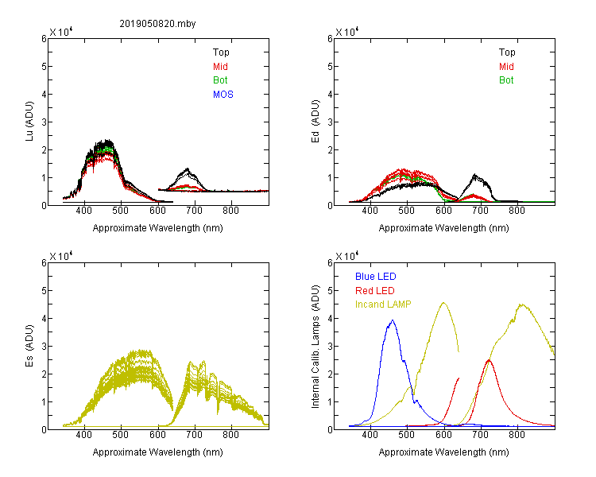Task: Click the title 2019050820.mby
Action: [x=157, y=24]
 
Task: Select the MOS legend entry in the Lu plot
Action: [x=223, y=95]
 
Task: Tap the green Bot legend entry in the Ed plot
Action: [x=506, y=80]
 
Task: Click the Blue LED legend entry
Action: [x=376, y=277]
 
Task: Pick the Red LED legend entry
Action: [x=375, y=291]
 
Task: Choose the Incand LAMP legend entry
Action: [x=383, y=304]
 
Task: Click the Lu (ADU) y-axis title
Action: [x=29, y=122]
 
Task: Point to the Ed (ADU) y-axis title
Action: [x=315, y=122]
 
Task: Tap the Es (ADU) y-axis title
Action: [x=29, y=346]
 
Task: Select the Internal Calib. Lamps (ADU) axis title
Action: [x=315, y=347]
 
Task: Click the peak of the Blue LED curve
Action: [x=393, y=320]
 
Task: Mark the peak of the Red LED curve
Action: [x=489, y=360]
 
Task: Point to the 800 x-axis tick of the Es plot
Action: [x=230, y=435]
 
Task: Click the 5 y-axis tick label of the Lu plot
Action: [x=44, y=67]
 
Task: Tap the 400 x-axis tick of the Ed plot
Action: [x=370, y=211]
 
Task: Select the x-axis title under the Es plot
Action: [x=158, y=452]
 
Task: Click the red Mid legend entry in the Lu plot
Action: [x=220, y=67]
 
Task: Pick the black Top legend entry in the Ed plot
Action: [x=507, y=52]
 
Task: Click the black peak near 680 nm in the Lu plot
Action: [x=188, y=169]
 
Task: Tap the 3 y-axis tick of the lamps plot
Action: [x=330, y=347]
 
